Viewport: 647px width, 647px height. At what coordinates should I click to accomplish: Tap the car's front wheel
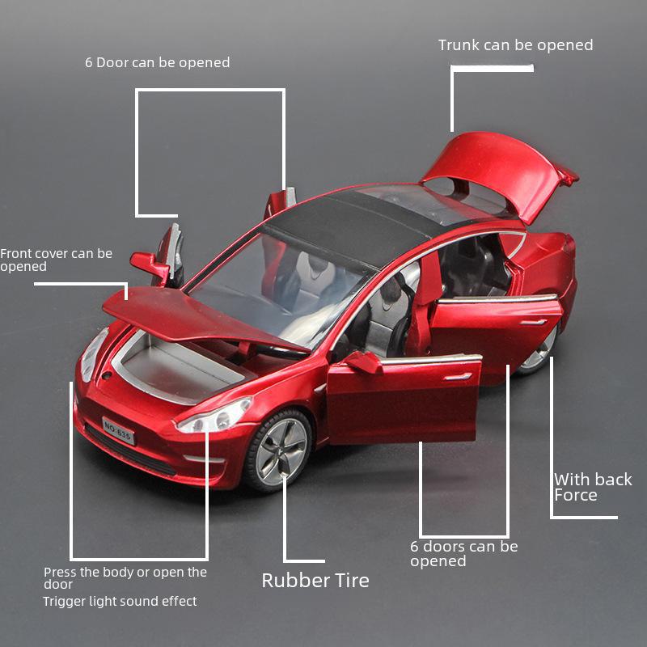[x=279, y=450]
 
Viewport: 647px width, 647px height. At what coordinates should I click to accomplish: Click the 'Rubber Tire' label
[x=315, y=580]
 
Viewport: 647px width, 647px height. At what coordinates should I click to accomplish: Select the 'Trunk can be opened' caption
[x=515, y=45]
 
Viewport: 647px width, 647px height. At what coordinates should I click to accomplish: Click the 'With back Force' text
[x=592, y=487]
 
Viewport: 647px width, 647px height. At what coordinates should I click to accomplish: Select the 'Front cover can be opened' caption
[x=56, y=260]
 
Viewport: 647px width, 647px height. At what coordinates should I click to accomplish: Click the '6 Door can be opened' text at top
[x=157, y=62]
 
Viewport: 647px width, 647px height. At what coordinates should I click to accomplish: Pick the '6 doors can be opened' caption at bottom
[x=463, y=553]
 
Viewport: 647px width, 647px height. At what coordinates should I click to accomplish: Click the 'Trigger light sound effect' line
[x=120, y=601]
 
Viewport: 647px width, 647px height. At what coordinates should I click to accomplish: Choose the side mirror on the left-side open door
[x=149, y=264]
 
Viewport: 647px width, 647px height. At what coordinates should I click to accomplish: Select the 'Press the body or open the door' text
[x=125, y=577]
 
